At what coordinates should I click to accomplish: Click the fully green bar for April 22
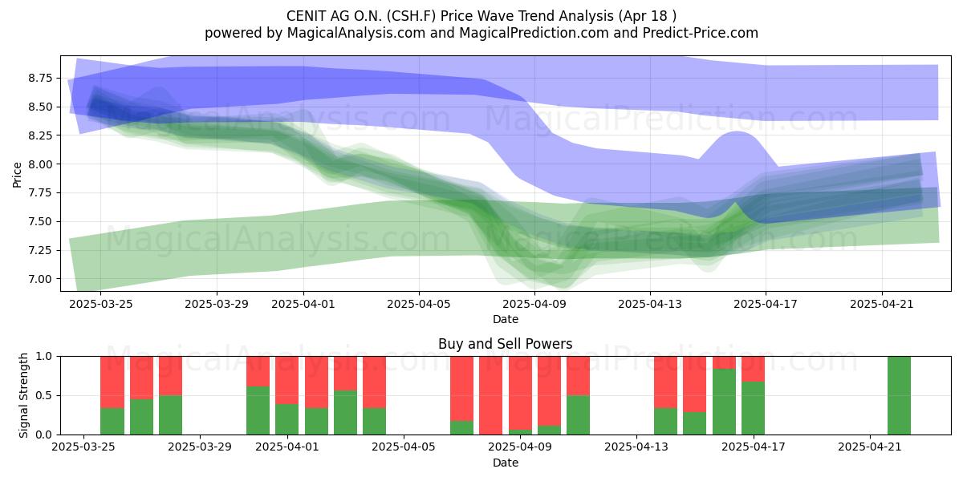[x=899, y=395]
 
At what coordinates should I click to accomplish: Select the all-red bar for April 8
[x=490, y=395]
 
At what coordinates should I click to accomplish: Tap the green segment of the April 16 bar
[x=724, y=402]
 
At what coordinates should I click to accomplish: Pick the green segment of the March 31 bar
[x=258, y=410]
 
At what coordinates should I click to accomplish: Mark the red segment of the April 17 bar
[x=754, y=369]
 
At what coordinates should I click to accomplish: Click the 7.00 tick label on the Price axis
[x=40, y=279]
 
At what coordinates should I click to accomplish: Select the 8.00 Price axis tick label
[x=40, y=164]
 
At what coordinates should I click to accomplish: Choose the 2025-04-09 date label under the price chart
[x=534, y=304]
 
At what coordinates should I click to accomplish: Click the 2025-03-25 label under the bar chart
[x=83, y=447]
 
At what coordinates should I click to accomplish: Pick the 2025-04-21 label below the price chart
[x=882, y=304]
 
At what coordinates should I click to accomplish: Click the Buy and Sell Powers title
[x=505, y=344]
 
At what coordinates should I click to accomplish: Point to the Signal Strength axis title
[x=23, y=395]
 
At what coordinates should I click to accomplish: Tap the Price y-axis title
[x=17, y=175]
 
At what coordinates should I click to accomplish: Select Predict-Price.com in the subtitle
[x=701, y=33]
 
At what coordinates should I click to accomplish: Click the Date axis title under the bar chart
[x=505, y=463]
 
